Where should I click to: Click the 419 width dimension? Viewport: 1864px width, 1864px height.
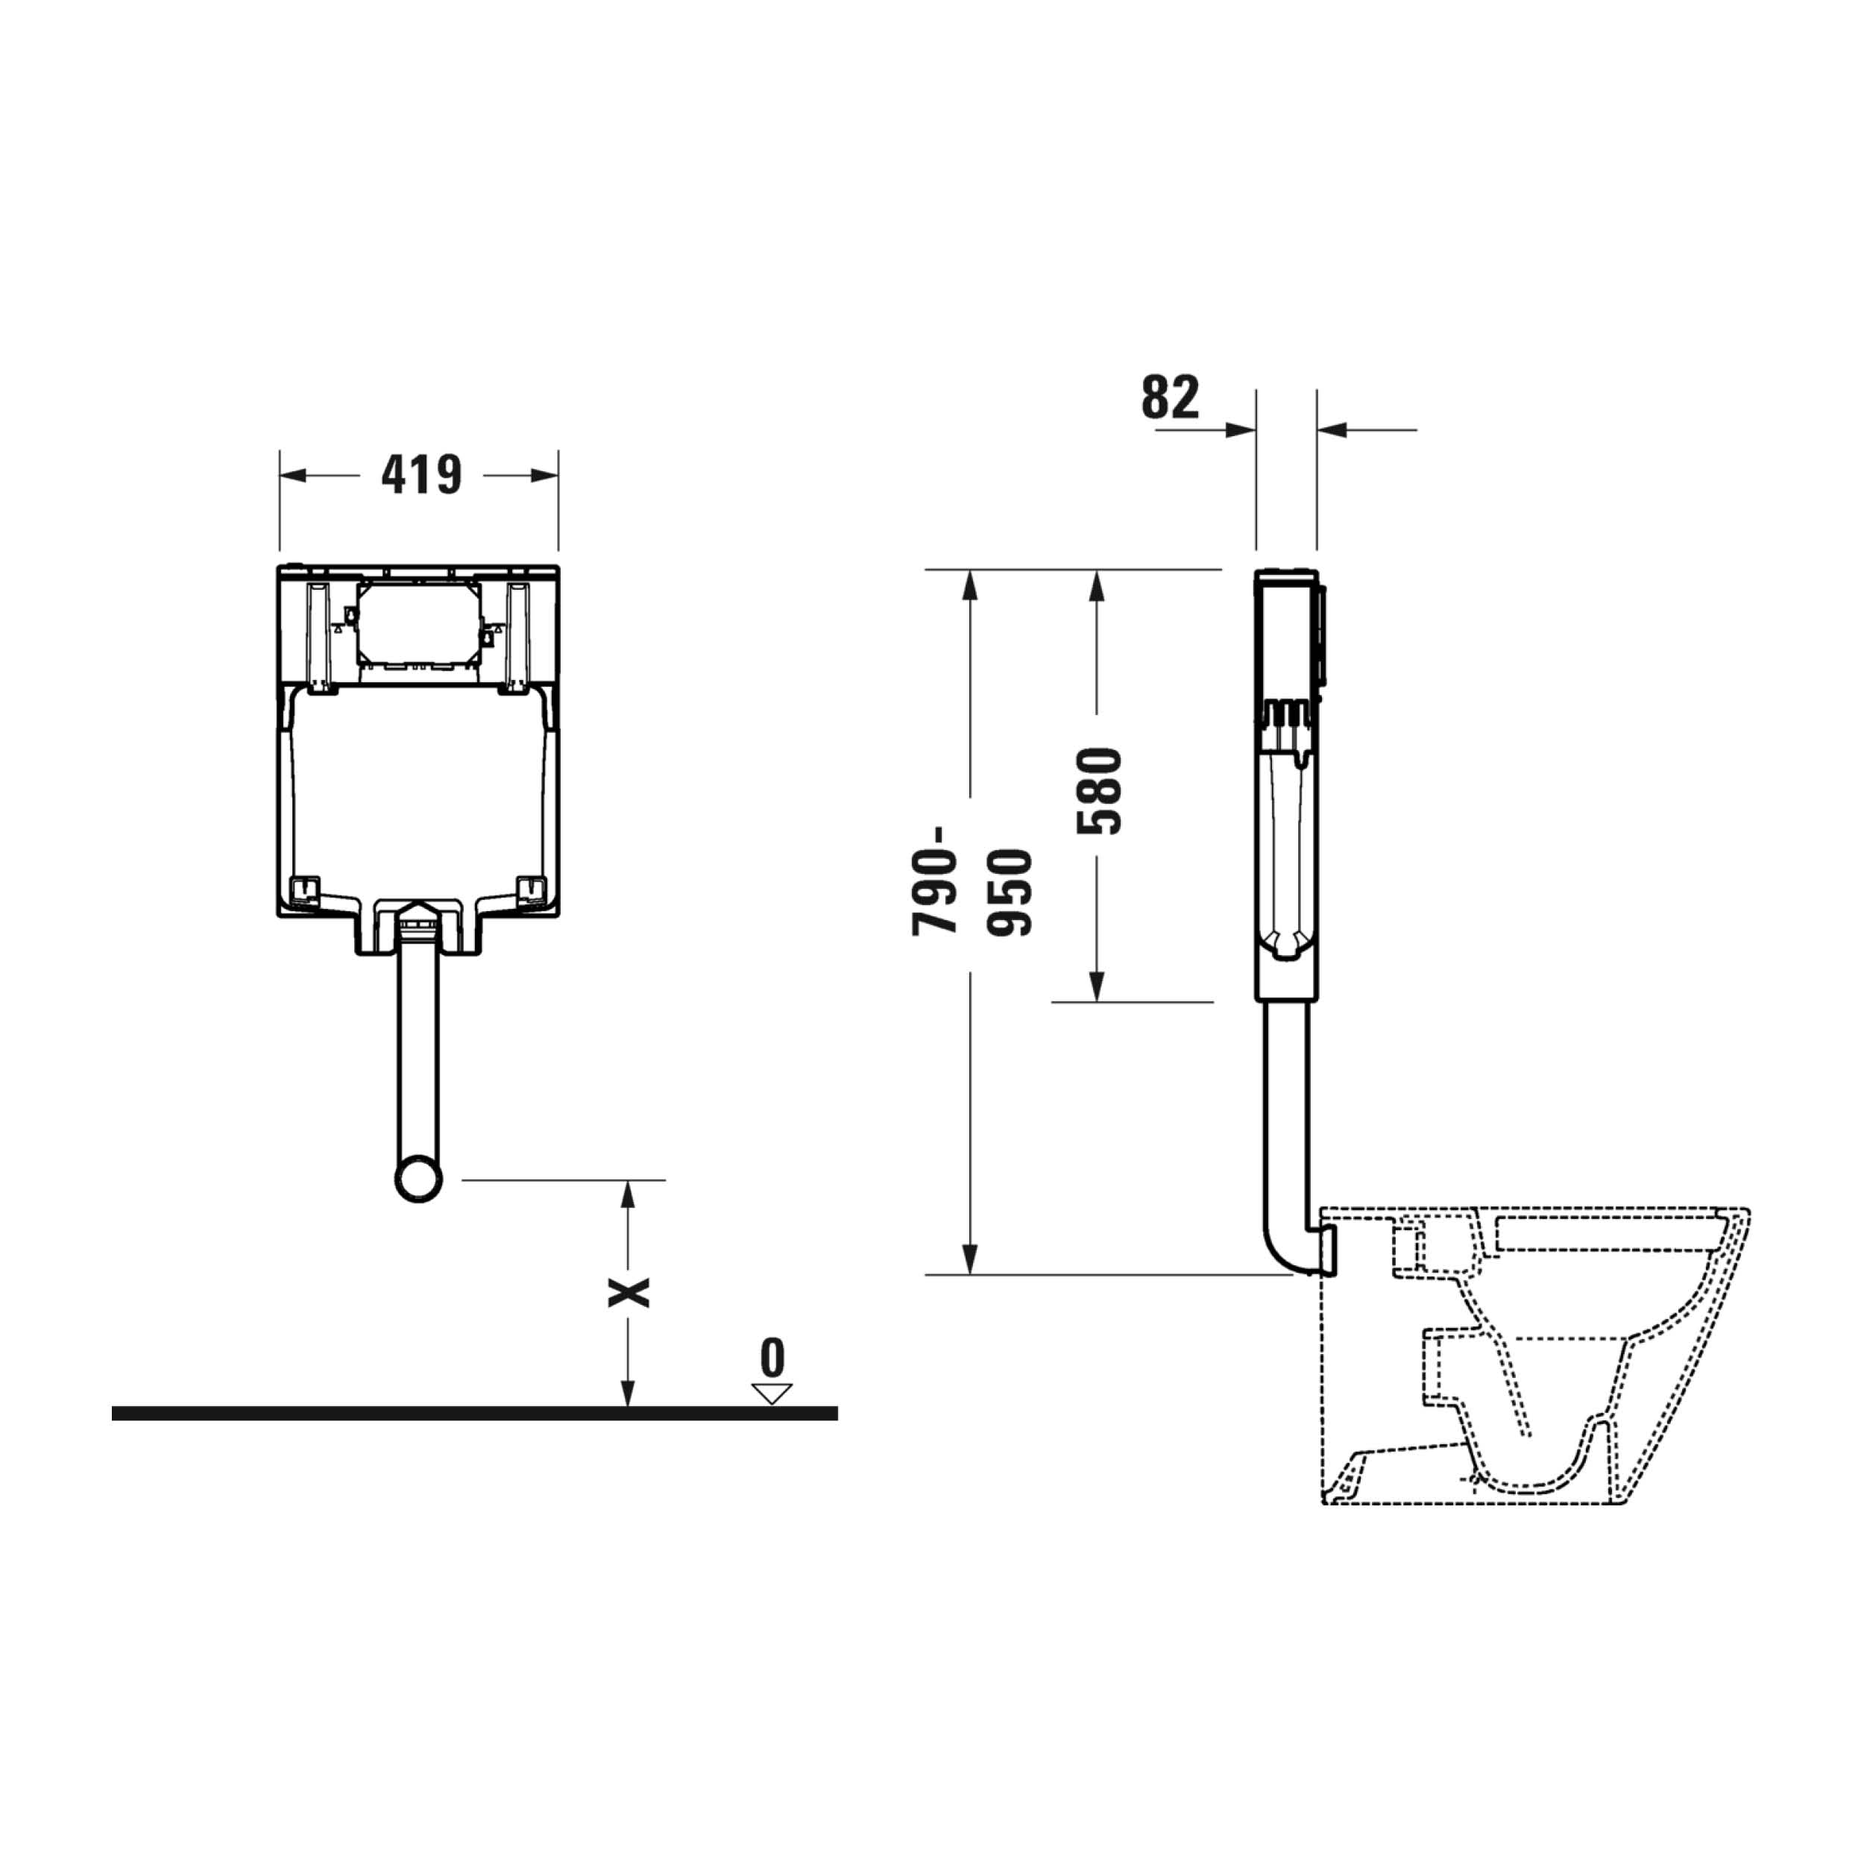pos(421,475)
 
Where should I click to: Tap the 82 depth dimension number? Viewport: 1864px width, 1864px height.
pos(1171,397)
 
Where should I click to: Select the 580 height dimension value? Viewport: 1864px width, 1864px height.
pos(1101,791)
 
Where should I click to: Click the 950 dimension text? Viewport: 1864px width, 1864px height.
pos(1010,892)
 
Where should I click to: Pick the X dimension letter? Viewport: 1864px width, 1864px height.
pos(628,1292)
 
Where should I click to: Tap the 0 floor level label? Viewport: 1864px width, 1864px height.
pos(772,1358)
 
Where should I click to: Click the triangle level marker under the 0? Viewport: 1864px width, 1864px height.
pos(772,1394)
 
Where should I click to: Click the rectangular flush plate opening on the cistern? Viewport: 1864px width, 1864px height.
pos(419,623)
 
